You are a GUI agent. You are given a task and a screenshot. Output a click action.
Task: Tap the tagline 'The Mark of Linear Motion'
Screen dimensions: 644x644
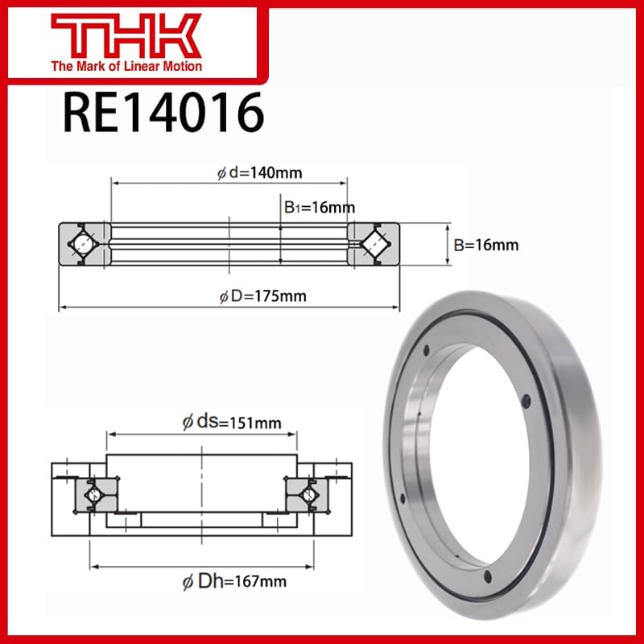coord(127,66)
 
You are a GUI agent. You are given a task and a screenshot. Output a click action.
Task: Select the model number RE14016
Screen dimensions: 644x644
coord(163,112)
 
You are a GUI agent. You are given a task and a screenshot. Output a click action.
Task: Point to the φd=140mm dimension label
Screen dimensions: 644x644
coord(259,171)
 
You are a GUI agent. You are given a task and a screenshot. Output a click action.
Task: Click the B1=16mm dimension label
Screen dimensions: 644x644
coord(319,208)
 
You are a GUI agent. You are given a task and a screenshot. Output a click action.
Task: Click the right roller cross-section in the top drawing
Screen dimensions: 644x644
coord(373,242)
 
